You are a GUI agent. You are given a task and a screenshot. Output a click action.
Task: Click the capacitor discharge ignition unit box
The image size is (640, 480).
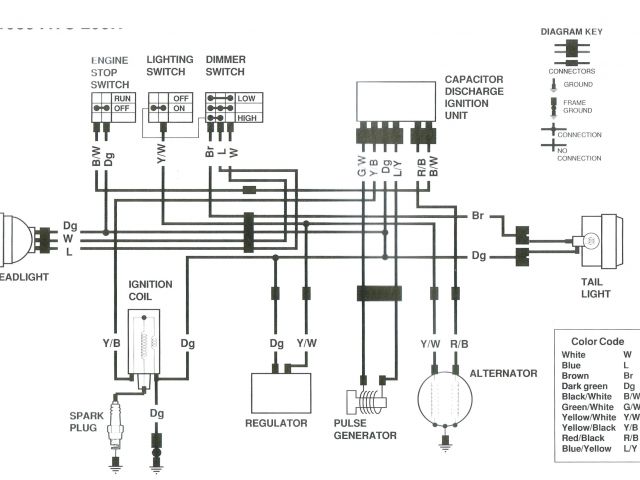397,105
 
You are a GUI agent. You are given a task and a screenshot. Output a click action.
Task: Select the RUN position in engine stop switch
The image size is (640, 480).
122,98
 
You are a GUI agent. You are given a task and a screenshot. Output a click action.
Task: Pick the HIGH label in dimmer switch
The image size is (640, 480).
246,118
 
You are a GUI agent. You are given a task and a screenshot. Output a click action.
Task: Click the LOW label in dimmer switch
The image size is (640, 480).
246,98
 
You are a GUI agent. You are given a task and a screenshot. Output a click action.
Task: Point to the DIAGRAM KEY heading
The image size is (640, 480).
570,31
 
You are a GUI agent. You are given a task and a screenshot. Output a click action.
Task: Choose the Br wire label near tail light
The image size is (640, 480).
477,215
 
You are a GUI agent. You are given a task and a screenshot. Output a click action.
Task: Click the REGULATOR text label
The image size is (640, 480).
276,423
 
